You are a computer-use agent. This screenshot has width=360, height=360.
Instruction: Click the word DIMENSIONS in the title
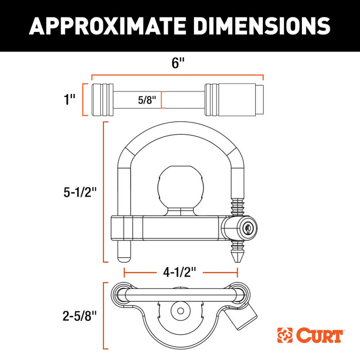[x=256, y=25]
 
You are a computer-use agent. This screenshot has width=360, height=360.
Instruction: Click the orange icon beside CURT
[x=286, y=335]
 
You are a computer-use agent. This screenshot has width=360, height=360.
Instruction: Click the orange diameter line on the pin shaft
[x=162, y=99]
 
